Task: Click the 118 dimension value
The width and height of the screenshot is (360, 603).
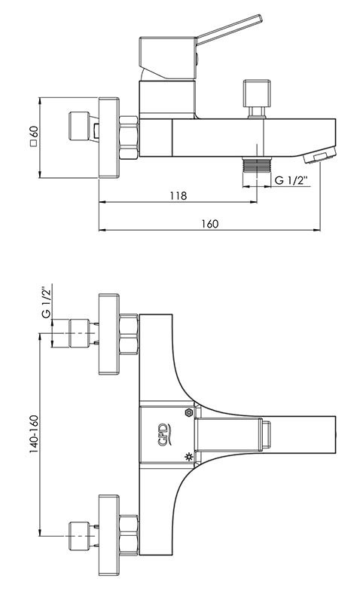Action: [x=178, y=195]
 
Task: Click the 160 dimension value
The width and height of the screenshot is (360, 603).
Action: [x=210, y=224]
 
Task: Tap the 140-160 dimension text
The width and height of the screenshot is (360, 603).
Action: [x=34, y=435]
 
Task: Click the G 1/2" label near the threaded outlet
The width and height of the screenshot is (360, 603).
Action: [x=292, y=180]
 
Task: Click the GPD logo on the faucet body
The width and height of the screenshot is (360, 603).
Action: [x=163, y=435]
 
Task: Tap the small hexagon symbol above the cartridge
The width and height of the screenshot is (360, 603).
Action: [x=188, y=412]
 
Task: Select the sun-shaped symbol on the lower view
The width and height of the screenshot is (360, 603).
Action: [x=188, y=457]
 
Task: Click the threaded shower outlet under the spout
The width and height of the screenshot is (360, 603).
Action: [x=257, y=164]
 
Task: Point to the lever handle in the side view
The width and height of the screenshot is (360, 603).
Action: [x=230, y=29]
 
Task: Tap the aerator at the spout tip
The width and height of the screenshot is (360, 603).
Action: [x=319, y=156]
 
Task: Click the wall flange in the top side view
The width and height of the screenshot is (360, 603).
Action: [x=108, y=138]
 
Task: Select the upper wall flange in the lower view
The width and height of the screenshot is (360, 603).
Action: [x=108, y=334]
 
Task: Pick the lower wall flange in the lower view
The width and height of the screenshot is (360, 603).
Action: [x=108, y=535]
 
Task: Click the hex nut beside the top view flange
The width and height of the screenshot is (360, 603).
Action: [x=128, y=137]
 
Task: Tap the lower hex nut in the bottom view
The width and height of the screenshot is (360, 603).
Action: [x=128, y=535]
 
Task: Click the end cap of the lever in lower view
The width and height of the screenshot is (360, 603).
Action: [x=266, y=435]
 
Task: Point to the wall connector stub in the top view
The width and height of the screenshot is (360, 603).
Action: [x=79, y=126]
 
